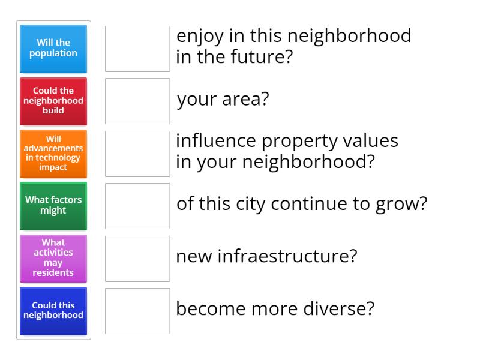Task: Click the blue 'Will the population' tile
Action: [x=53, y=49]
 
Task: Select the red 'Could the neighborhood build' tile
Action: [x=53, y=101]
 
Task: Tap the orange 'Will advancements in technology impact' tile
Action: [x=53, y=154]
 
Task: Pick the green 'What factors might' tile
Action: [x=53, y=206]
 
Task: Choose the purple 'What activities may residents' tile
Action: [x=53, y=259]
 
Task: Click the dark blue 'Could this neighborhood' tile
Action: [x=53, y=311]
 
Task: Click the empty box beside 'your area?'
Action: [x=137, y=101]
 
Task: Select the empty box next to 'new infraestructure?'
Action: [x=137, y=259]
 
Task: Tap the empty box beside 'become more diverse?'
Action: [x=137, y=311]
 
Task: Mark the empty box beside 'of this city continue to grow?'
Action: [x=137, y=206]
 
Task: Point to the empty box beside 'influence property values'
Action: [x=137, y=154]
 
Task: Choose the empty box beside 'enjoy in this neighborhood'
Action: [x=137, y=49]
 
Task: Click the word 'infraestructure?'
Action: [x=287, y=256]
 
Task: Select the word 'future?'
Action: [x=262, y=56]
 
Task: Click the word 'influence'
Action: [x=216, y=140]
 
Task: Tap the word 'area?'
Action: [x=245, y=99]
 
